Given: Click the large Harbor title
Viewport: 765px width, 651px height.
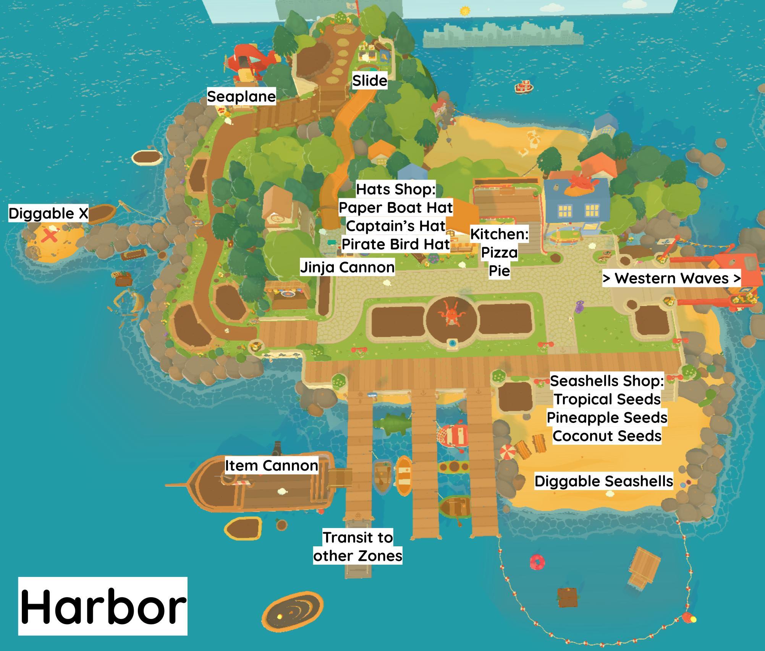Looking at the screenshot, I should (103, 606).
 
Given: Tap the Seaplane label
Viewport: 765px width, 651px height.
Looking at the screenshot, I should (241, 96).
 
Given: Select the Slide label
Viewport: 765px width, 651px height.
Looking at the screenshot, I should (369, 81).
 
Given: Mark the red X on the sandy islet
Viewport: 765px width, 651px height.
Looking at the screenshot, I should (49, 235).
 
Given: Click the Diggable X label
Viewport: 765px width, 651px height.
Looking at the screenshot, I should (48, 213).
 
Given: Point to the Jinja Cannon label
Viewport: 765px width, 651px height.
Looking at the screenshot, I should (347, 267).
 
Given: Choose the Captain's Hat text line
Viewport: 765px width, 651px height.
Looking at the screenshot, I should (396, 226).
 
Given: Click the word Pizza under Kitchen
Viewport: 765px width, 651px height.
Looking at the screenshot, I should (499, 252).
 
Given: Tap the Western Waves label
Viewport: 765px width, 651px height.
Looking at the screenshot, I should (671, 278).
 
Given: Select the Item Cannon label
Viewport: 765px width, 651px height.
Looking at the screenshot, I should (271, 465).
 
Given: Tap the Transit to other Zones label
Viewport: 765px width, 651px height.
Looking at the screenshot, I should (357, 547).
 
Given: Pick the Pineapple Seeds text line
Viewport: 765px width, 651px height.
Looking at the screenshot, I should (607, 417).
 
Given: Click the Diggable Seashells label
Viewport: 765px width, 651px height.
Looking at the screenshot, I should (603, 481).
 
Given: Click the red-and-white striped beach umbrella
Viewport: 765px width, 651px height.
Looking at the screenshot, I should (508, 452).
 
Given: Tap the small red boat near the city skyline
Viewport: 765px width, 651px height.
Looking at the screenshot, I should (524, 87).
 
